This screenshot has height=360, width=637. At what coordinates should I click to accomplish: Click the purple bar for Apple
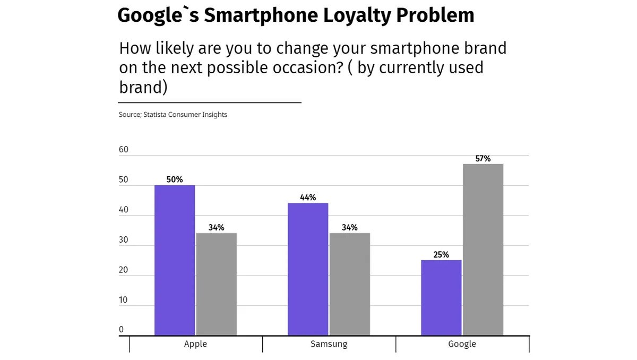pyautogui.click(x=175, y=260)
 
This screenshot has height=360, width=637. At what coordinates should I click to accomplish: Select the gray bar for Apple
pyautogui.click(x=217, y=284)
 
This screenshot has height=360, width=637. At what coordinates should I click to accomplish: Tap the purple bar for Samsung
pyautogui.click(x=308, y=269)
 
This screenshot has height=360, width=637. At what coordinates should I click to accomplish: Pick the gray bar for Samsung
pyautogui.click(x=350, y=284)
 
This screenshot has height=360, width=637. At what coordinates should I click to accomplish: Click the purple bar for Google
pyautogui.click(x=441, y=298)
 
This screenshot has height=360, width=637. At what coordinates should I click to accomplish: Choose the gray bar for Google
pyautogui.click(x=483, y=250)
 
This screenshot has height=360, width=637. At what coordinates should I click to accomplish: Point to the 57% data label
pyautogui.click(x=483, y=159)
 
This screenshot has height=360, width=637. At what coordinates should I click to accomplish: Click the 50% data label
pyautogui.click(x=175, y=179)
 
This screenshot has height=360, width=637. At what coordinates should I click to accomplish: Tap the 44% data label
pyautogui.click(x=308, y=198)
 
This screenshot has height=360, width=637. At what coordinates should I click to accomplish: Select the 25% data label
pyautogui.click(x=441, y=255)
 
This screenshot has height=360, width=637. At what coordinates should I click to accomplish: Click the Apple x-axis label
pyautogui.click(x=195, y=344)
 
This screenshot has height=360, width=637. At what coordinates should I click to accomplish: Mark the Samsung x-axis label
pyautogui.click(x=329, y=344)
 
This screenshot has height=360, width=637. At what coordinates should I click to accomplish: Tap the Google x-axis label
pyautogui.click(x=462, y=344)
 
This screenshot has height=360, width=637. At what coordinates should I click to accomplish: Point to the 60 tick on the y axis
pyautogui.click(x=124, y=150)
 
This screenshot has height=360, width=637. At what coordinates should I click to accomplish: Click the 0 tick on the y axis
pyautogui.click(x=121, y=330)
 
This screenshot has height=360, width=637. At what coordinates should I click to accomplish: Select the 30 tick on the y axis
pyautogui.click(x=124, y=239)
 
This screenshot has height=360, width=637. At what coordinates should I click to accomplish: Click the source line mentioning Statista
pyautogui.click(x=173, y=115)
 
